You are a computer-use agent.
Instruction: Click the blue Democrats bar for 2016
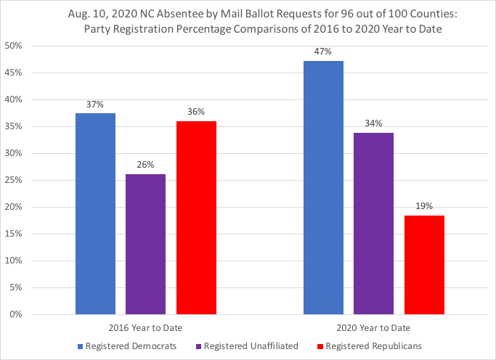[95, 214]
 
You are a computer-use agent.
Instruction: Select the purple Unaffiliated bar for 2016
[145, 244]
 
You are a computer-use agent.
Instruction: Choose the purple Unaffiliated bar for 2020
[373, 224]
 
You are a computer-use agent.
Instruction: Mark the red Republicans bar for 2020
[424, 265]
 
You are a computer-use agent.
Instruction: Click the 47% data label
[323, 52]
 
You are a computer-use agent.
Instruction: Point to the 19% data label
[424, 206]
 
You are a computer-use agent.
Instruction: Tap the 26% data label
[145, 165]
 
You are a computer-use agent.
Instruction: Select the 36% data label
[196, 112]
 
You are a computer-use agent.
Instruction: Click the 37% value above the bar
[95, 104]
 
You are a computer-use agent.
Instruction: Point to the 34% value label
[373, 123]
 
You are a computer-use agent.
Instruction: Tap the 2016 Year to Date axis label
[145, 327]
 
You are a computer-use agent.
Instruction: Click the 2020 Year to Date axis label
[374, 327]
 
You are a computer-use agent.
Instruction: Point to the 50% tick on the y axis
[16, 46]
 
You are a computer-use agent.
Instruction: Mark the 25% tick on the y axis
[16, 180]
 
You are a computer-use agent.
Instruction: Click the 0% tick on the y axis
[18, 314]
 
